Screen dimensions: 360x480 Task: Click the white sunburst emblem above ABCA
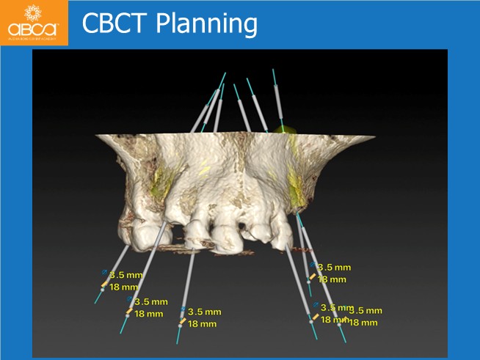32,13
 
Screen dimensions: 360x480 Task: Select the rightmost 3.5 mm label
365,311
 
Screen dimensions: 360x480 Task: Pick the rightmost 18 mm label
363,322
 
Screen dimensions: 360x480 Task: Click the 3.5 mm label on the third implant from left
204,312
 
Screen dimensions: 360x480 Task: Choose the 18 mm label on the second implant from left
149,313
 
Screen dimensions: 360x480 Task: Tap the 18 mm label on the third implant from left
203,323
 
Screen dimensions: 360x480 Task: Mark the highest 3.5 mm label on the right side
333,268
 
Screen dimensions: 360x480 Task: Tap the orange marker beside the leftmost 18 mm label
105,284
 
